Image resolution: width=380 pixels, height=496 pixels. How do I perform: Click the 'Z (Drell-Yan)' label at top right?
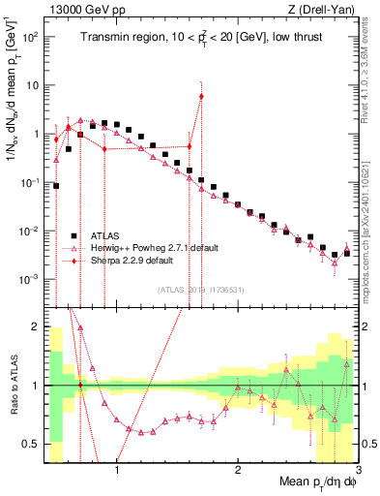pos(324,10)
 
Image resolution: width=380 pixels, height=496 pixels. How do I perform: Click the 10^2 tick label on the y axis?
pos(30,36)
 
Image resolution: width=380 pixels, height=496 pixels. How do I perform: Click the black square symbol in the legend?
pos(73,235)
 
